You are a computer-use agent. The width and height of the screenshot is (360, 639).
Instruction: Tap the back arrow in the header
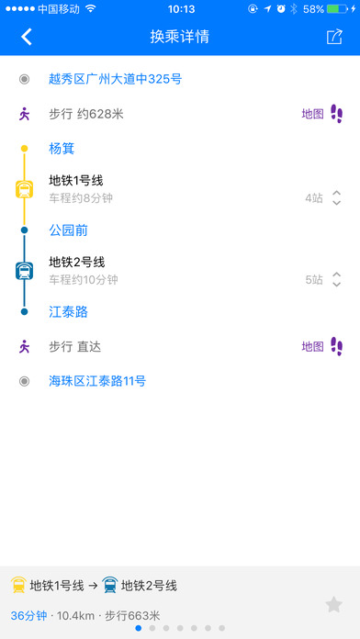tap(27, 38)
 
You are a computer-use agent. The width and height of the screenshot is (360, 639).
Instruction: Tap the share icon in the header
tap(333, 38)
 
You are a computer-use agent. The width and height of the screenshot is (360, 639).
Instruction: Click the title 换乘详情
tap(179, 38)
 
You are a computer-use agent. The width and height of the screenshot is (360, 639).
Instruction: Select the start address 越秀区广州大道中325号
tap(115, 80)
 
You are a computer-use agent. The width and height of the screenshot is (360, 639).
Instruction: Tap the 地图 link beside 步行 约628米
tap(312, 114)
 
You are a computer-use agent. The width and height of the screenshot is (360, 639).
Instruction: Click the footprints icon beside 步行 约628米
tap(337, 114)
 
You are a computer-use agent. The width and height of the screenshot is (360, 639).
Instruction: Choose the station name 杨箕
tap(62, 148)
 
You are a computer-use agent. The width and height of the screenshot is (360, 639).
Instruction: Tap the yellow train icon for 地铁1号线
tap(25, 189)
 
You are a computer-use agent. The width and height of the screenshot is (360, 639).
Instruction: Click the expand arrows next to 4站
tap(337, 196)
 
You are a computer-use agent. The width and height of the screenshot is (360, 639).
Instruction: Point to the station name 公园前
tap(69, 230)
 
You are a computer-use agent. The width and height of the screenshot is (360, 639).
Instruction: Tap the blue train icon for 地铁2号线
tap(25, 271)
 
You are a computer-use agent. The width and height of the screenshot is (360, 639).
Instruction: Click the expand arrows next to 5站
tap(337, 279)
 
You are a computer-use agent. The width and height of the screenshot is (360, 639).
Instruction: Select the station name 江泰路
tap(69, 312)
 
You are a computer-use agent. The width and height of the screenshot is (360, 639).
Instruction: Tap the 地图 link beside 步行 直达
tap(312, 346)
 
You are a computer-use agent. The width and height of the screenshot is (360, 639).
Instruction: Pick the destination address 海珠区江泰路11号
tap(97, 380)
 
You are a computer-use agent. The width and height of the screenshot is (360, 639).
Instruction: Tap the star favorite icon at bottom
tap(334, 604)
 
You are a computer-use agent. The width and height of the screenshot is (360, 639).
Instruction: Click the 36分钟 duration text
tap(28, 615)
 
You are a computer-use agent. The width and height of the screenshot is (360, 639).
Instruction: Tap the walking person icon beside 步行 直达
tap(25, 346)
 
